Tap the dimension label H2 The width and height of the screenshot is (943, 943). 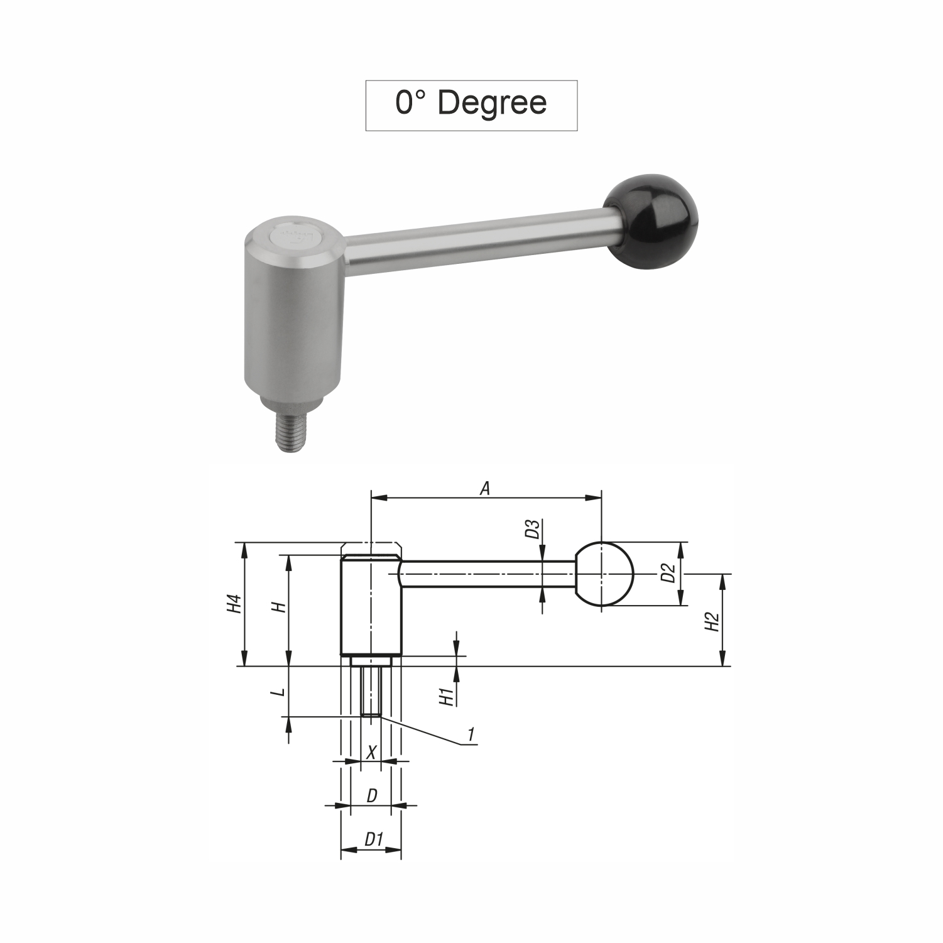coord(712,622)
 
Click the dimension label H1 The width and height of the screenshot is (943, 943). coord(447,697)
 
